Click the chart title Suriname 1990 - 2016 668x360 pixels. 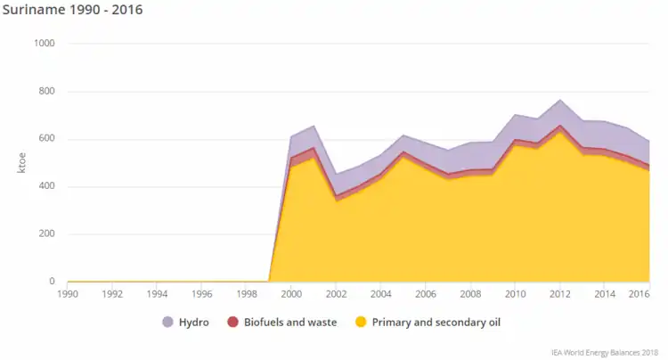pos(73,11)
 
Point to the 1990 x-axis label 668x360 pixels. pos(68,293)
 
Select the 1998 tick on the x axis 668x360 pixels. pos(247,293)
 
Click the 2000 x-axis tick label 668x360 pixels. pos(291,293)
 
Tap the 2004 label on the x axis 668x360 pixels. pos(380,293)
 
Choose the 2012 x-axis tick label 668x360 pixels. pos(559,293)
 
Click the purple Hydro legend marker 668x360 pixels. pos(167,322)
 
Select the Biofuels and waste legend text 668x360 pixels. pos(290,322)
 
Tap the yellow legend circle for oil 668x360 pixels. pos(361,322)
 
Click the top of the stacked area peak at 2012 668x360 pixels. pos(559,100)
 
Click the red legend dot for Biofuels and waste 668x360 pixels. pos(232,322)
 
